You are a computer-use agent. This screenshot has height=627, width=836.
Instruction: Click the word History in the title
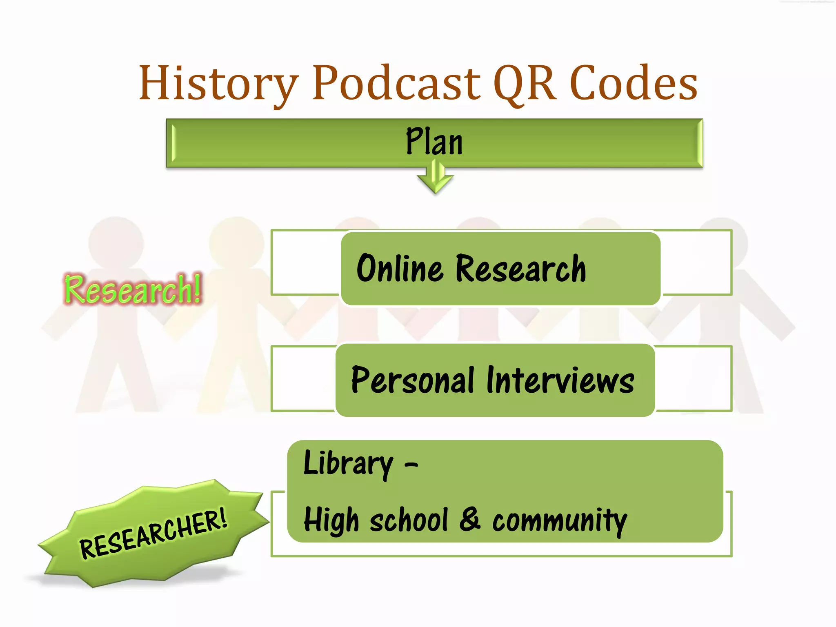pyautogui.click(x=219, y=84)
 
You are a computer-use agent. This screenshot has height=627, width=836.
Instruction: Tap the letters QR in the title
pyautogui.click(x=525, y=84)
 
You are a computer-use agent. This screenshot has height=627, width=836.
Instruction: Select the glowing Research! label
pyautogui.click(x=133, y=289)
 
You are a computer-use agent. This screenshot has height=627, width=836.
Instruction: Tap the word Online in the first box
pyautogui.click(x=400, y=268)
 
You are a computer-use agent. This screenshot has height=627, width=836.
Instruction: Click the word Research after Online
pyautogui.click(x=521, y=269)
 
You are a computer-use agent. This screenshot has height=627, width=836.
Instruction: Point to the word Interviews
pyautogui.click(x=560, y=380)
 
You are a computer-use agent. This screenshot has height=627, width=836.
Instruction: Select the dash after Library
pyautogui.click(x=411, y=465)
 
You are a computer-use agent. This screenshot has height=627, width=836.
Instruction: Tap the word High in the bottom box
pyautogui.click(x=331, y=520)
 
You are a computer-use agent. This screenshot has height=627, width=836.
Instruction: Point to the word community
pyautogui.click(x=560, y=520)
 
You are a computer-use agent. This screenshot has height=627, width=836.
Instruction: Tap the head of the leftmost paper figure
pyautogui.click(x=116, y=242)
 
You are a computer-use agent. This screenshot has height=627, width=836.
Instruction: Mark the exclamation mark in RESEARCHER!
pyautogui.click(x=222, y=517)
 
